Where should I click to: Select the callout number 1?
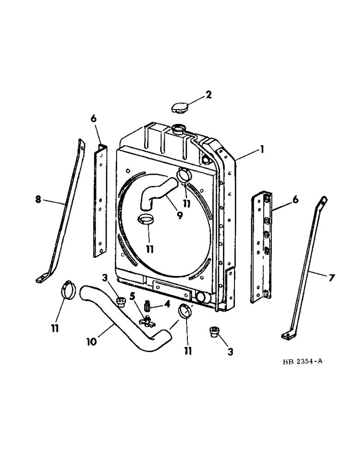point(261,150)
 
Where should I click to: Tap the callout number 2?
point(209,95)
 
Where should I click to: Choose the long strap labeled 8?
point(63,213)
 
